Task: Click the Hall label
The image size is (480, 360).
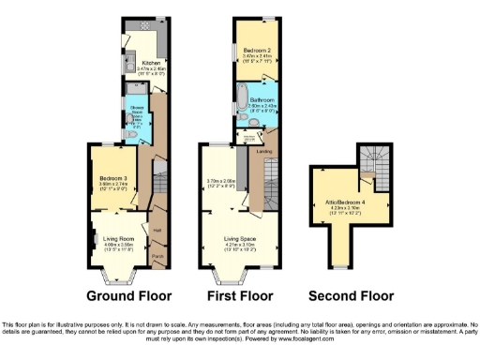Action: (157, 230)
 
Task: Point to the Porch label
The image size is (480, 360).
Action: (157, 255)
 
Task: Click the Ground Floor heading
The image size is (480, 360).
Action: (129, 296)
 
